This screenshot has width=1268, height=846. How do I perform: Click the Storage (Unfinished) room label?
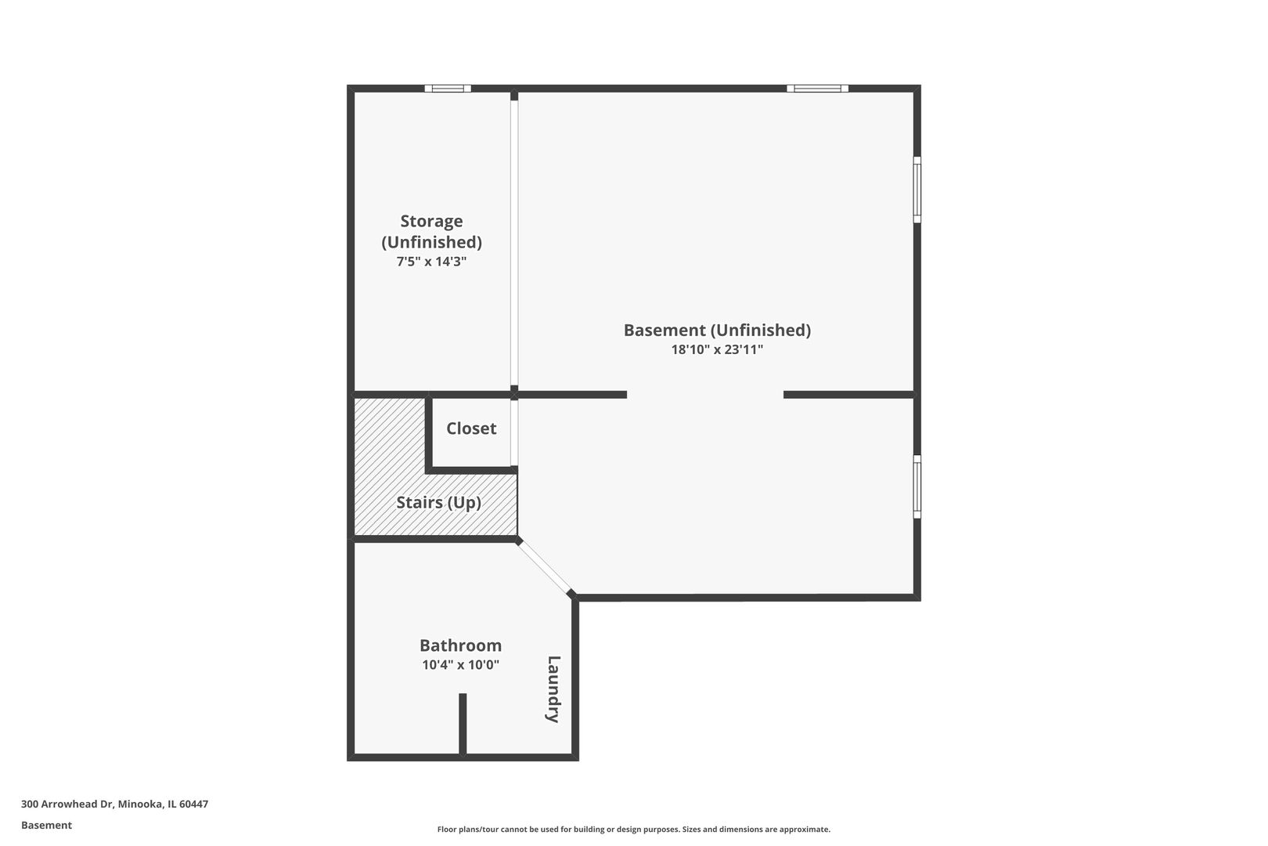(431, 231)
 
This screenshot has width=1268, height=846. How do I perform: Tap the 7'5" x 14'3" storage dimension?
(431, 261)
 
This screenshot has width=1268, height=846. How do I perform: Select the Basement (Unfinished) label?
(717, 330)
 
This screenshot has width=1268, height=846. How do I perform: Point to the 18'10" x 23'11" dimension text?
(717, 349)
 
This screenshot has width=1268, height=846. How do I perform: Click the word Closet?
(471, 428)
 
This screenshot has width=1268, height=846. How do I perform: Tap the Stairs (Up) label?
(438, 503)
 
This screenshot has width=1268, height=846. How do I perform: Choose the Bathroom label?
(460, 645)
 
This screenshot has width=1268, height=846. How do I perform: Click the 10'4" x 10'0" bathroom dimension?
(460, 665)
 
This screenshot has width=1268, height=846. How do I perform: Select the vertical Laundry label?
(553, 689)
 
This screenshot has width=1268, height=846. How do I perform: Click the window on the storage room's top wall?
(448, 89)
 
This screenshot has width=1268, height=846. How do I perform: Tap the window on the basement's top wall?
(817, 89)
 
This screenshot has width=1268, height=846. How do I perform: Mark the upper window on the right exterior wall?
(917, 190)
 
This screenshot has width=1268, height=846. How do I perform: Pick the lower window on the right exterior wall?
(917, 486)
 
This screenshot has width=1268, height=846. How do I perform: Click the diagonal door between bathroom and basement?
(545, 566)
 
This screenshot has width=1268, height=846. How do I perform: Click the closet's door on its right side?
(514, 433)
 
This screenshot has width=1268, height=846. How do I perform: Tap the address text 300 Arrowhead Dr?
(67, 804)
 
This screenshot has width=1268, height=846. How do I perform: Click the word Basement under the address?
(46, 825)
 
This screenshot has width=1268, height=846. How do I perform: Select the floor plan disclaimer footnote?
(633, 829)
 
